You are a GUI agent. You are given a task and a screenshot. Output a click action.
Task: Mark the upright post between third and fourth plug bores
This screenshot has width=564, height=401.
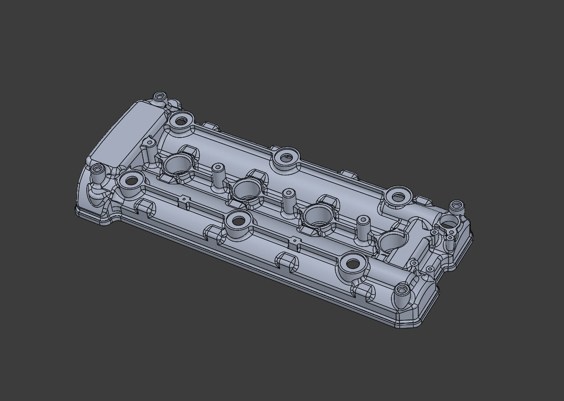pos(363,228)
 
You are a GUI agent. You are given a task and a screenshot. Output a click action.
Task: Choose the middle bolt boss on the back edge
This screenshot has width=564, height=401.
pos(286,157)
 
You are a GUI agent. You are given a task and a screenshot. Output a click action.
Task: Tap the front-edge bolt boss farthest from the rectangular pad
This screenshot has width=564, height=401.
pos(352,264)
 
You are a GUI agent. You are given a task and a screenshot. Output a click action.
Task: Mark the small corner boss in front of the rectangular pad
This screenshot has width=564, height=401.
pos(98,169)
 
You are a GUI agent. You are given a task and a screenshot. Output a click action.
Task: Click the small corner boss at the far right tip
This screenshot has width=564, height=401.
pos(456,206)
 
